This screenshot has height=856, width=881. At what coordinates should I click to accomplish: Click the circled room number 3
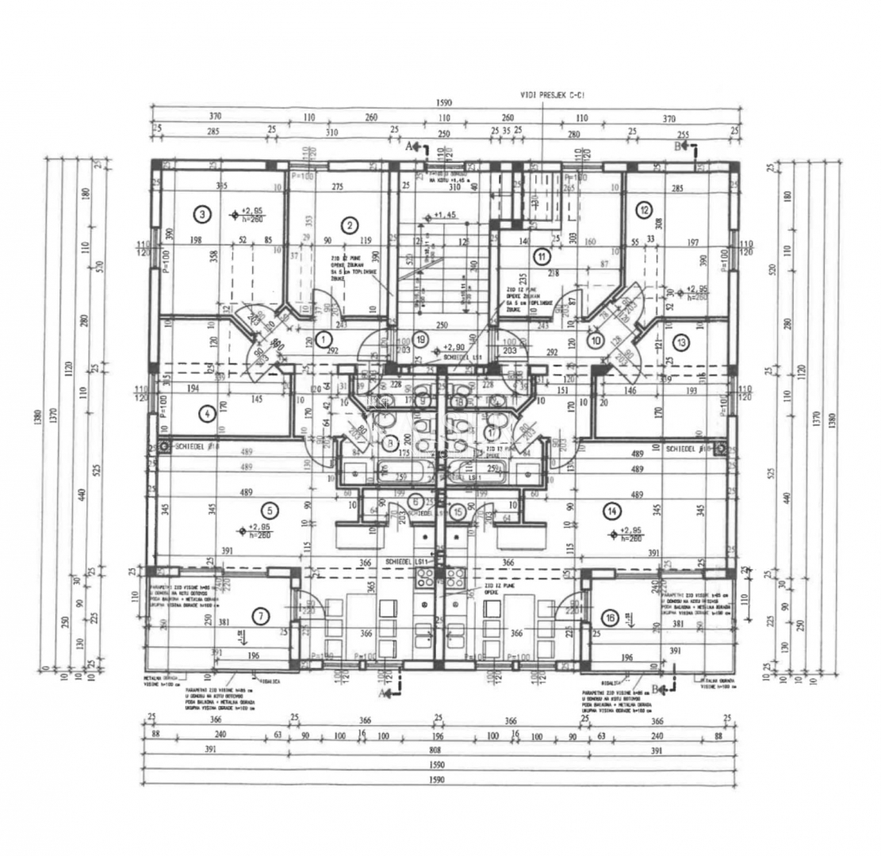point(203,213)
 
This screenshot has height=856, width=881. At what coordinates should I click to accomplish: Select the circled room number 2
point(349,225)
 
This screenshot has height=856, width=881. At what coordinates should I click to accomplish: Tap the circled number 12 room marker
point(644,210)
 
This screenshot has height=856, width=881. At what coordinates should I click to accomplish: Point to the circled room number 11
point(541,256)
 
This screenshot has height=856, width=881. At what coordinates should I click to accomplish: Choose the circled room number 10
point(596,340)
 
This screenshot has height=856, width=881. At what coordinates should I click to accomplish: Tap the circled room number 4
point(205,412)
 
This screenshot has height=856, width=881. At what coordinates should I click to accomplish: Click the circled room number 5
point(269,510)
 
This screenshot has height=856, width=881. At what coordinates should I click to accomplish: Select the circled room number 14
point(611,511)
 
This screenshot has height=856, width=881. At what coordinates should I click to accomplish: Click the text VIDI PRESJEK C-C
point(552,95)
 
